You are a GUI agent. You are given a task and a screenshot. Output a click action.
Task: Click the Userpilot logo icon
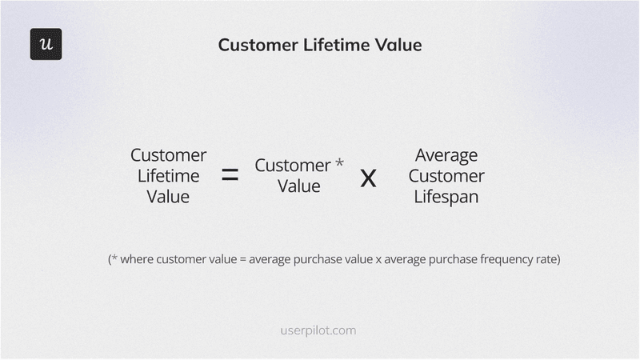46,44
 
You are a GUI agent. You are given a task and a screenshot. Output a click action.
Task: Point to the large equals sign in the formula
230,175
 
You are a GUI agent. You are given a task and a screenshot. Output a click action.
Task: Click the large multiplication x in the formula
368,177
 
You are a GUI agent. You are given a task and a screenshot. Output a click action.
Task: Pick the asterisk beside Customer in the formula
339,162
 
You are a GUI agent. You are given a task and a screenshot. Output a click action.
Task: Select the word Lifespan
446,196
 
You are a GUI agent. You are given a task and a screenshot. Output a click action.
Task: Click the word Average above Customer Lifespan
446,154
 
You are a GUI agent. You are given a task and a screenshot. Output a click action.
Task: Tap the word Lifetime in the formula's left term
168,175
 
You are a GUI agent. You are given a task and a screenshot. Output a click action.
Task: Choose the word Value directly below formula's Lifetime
168,196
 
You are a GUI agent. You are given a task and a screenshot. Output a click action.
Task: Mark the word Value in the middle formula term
298,186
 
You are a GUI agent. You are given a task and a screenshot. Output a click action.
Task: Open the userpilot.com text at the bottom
319,330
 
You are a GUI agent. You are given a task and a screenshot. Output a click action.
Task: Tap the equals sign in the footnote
242,260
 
